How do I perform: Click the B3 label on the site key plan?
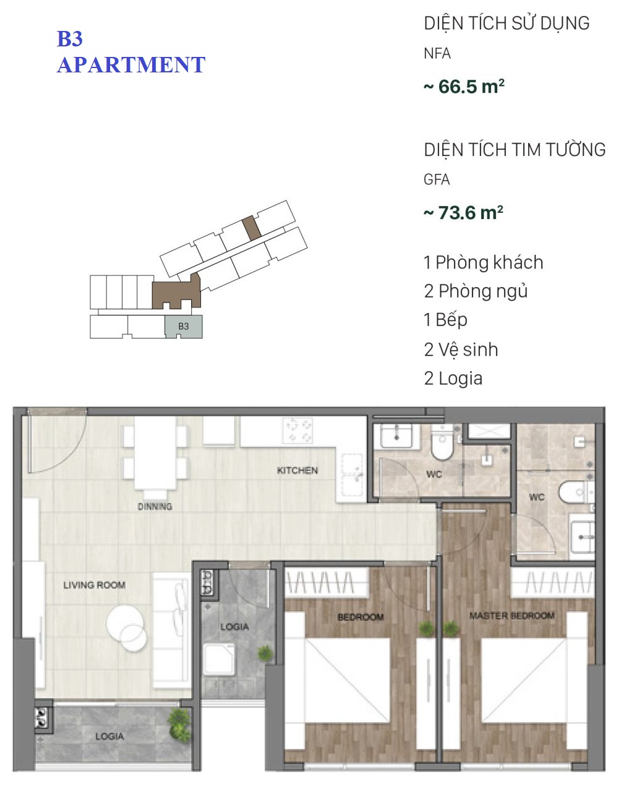(183, 326)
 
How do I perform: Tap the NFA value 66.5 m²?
(464, 87)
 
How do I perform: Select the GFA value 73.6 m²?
(463, 213)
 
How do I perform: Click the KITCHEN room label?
(297, 470)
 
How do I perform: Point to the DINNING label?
(155, 507)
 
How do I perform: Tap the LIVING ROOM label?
(95, 585)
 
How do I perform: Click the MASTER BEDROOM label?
(512, 616)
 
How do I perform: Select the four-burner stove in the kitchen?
(298, 431)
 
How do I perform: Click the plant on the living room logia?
(179, 725)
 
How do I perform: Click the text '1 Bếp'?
(445, 320)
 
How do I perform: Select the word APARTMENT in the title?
(131, 65)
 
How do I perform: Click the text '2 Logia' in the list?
(453, 379)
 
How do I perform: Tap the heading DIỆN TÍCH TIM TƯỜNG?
(515, 150)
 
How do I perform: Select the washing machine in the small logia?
(219, 659)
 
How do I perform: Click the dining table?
(155, 453)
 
